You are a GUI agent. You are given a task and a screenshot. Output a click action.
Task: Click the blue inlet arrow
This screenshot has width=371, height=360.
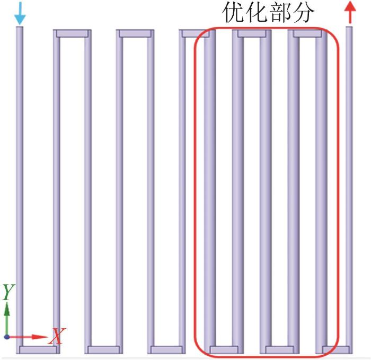(20, 13)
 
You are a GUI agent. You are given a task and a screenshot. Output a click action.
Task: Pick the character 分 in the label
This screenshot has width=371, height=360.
(303, 13)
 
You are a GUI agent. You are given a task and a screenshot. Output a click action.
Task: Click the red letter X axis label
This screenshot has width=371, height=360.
(57, 336)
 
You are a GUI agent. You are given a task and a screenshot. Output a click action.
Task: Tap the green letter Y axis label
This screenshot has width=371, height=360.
(8, 292)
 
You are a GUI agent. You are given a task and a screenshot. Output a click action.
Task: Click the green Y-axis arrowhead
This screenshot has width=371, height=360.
(7, 309)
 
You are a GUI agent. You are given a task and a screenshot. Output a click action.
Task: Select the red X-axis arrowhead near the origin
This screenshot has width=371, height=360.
(40, 337)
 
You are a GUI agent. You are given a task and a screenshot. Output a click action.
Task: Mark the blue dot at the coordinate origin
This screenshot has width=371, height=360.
(7, 337)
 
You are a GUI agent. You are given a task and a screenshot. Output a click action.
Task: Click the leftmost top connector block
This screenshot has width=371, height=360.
(72, 33)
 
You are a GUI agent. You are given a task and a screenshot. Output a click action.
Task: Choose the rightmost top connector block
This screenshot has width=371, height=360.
(307, 33)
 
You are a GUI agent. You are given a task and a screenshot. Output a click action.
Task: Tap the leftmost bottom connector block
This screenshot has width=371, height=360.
(38, 349)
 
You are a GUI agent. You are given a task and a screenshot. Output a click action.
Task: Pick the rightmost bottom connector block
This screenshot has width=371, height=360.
(336, 349)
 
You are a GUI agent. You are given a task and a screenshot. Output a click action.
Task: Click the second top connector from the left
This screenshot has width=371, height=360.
(135, 33)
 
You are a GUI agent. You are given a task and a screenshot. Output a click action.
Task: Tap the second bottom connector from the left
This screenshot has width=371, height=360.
(104, 349)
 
